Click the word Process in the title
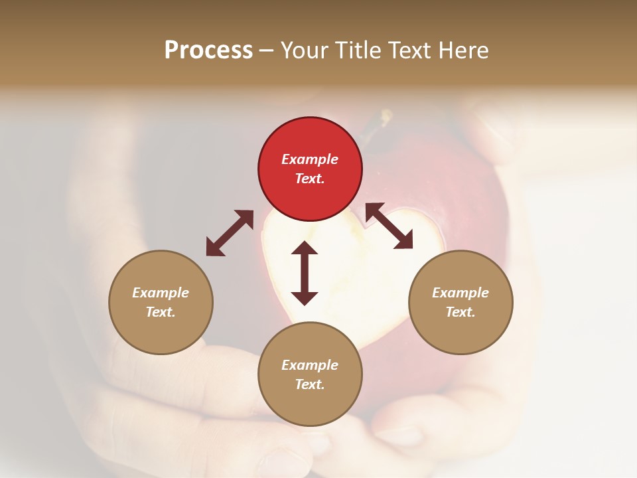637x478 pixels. [x=208, y=50]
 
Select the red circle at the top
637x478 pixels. [x=310, y=169]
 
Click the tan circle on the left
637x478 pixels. [x=161, y=302]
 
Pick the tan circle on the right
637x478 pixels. [x=460, y=302]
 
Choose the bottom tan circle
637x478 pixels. [x=310, y=374]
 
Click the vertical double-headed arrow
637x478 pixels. [x=305, y=274]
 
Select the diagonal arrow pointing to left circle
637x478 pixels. [x=230, y=233]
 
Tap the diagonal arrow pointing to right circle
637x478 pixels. [x=389, y=226]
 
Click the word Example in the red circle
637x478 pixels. [x=310, y=159]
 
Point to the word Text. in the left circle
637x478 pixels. [x=161, y=312]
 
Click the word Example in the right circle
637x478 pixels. [x=460, y=293]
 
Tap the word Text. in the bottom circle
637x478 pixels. [x=310, y=384]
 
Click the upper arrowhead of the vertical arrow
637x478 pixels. [x=305, y=249]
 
